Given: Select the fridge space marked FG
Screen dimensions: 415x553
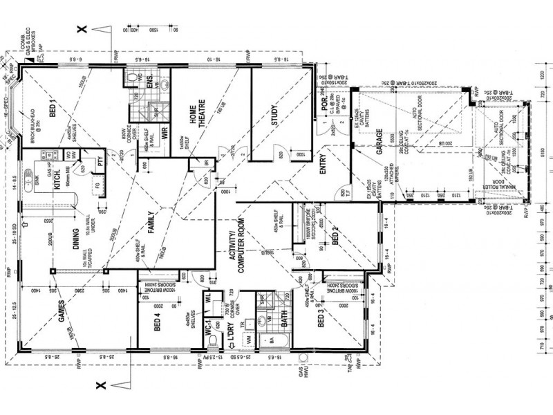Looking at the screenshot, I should point(98,187).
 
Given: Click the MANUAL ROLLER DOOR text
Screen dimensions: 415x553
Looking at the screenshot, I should point(512,181).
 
